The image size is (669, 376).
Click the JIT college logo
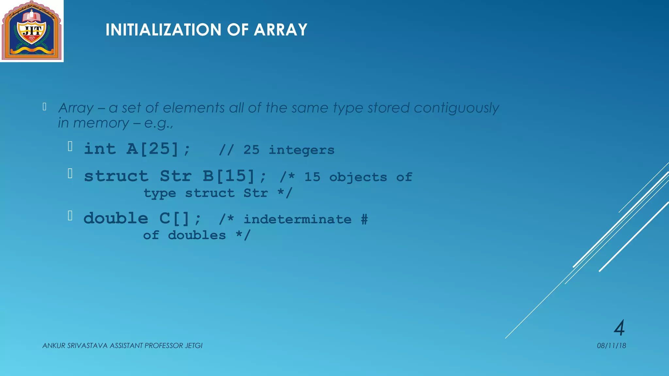pyautogui.click(x=32, y=31)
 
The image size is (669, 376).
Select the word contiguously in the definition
pyautogui.click(x=456, y=108)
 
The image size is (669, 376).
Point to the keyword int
pyautogui.click(x=100, y=149)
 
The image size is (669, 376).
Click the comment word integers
pyautogui.click(x=302, y=150)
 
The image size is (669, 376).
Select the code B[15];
pyautogui.click(x=234, y=176)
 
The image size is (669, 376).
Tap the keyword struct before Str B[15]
pyautogui.click(x=116, y=176)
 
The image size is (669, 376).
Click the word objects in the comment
pyautogui.click(x=358, y=177)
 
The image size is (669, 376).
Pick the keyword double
pyautogui.click(x=116, y=218)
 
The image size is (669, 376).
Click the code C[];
pyautogui.click(x=180, y=218)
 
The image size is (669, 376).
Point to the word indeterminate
pyautogui.click(x=298, y=219)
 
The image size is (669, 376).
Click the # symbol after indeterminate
pyautogui.click(x=364, y=219)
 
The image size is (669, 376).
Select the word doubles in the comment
pyautogui.click(x=197, y=235)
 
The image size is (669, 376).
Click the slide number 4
pyautogui.click(x=619, y=328)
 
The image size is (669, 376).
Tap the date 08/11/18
pyautogui.click(x=611, y=346)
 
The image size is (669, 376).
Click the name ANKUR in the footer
pyautogui.click(x=54, y=346)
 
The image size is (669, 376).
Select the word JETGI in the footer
pyautogui.click(x=194, y=346)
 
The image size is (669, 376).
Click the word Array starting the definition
pyautogui.click(x=76, y=108)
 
